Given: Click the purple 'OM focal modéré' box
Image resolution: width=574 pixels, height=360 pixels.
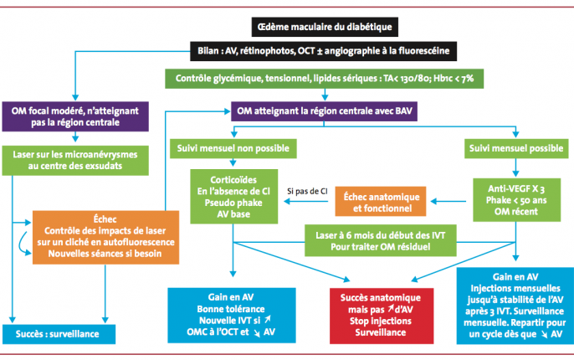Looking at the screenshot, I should pos(75,116).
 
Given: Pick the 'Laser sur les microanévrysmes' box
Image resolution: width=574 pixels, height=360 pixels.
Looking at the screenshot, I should pos(75,161).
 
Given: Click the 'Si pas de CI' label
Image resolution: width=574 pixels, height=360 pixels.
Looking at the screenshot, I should pos(305,191).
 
